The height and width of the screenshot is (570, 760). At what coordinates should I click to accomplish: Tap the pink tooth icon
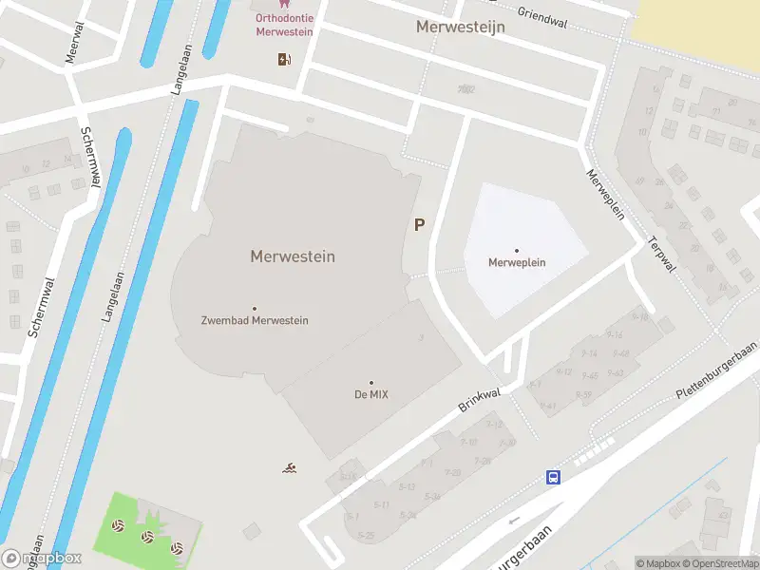[x=260, y=4]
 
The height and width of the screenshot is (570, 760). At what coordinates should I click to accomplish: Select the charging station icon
[x=284, y=60]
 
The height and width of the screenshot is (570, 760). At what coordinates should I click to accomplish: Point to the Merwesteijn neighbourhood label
[x=460, y=27]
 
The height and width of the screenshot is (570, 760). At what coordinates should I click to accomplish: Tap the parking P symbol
[x=418, y=224]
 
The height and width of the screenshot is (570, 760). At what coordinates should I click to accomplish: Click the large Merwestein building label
[x=293, y=256]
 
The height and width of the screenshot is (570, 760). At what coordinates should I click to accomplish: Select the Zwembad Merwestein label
[x=255, y=320]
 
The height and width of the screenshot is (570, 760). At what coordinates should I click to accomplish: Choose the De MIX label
[x=370, y=394]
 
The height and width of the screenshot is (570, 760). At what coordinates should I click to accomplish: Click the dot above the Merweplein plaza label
[x=517, y=251]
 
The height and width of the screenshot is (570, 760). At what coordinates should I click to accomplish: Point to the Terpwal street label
[x=662, y=255]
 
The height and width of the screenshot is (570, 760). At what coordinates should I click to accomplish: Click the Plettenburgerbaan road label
[x=716, y=370]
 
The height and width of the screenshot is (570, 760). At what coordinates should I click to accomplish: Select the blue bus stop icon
[x=553, y=477]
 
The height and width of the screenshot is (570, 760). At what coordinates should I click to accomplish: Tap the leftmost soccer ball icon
[x=118, y=524]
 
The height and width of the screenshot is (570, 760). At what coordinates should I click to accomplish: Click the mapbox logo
[x=43, y=558]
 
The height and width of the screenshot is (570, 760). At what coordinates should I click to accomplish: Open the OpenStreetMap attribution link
[x=719, y=563]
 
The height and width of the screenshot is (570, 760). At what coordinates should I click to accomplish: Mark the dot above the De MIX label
[x=370, y=383]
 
